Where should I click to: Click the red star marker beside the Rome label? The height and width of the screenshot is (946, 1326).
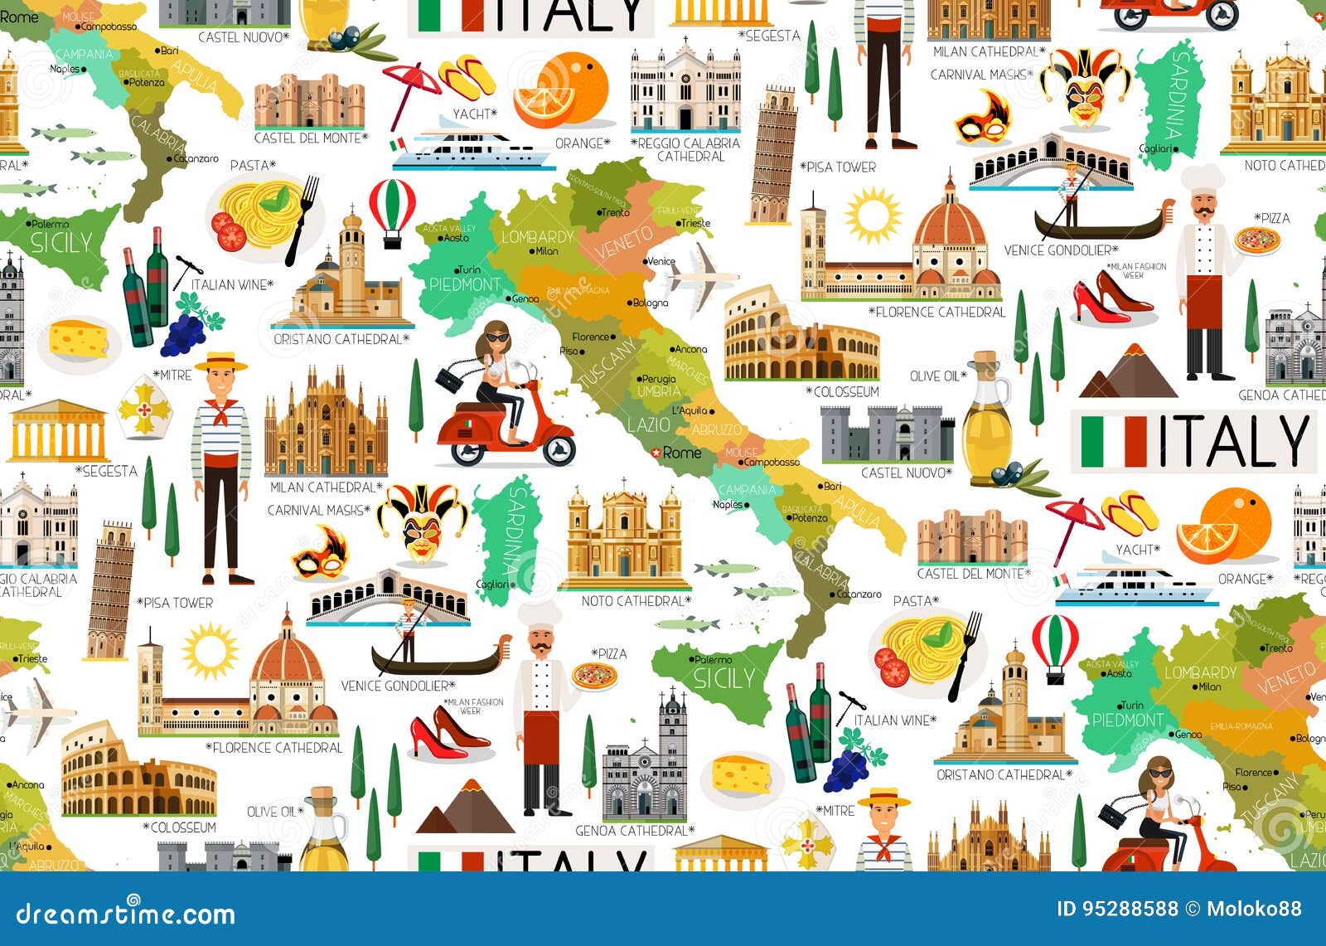[x=656, y=453]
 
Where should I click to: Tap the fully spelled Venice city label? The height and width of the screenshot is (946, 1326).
[x=661, y=261]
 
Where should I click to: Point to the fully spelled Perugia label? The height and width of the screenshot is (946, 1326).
[x=659, y=379]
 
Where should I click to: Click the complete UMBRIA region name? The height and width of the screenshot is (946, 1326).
[x=659, y=391]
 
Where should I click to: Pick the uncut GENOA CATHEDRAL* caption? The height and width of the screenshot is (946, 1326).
[x=635, y=830]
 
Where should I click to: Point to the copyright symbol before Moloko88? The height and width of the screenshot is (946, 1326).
[x=1192, y=909]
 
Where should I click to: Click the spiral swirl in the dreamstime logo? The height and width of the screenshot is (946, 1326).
[x=133, y=900]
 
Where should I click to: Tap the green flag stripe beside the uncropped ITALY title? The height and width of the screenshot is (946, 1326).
[x=1091, y=441]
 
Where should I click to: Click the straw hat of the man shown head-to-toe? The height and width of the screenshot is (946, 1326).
[x=220, y=361]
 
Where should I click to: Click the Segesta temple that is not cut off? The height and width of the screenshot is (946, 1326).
[x=58, y=431]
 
